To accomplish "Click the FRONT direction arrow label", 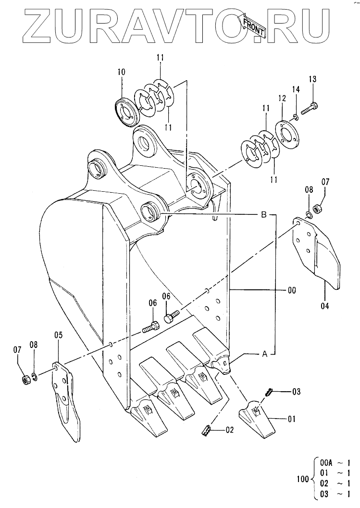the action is [253, 25].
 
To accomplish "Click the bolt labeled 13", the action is [310, 108].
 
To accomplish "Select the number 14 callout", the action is [296, 89].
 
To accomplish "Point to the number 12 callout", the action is [282, 98].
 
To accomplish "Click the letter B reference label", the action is [264, 214].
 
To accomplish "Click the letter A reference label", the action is [264, 355].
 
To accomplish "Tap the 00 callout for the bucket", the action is [292, 290].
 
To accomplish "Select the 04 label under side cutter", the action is [325, 306].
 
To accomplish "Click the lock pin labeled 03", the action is [269, 392].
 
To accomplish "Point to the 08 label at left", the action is [34, 345].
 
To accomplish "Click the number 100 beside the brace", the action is [303, 479].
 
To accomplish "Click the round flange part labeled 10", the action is [127, 111].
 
